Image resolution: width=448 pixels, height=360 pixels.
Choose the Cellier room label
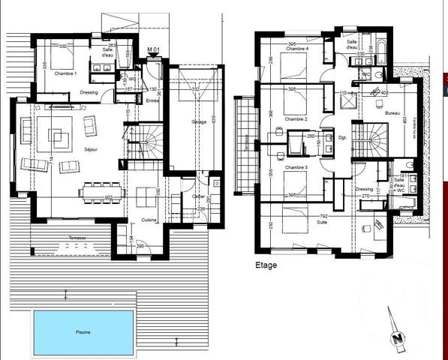(198, 197)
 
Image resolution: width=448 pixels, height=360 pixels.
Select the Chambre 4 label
(298, 49)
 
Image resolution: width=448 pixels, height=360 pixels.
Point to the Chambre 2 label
(296, 119)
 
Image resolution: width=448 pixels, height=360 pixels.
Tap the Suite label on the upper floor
(301, 223)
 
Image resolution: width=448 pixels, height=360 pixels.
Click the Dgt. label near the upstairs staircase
(341, 136)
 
